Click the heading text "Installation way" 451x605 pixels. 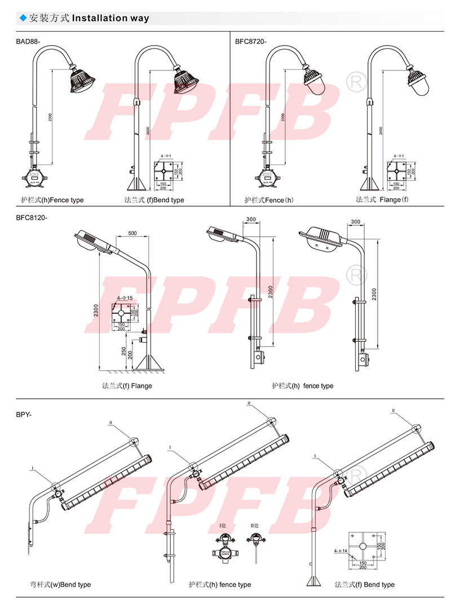(110, 18)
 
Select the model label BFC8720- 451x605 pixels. (251, 41)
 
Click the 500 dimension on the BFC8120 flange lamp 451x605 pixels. (132, 233)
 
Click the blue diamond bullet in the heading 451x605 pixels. (23, 18)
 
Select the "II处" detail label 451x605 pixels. (255, 526)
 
